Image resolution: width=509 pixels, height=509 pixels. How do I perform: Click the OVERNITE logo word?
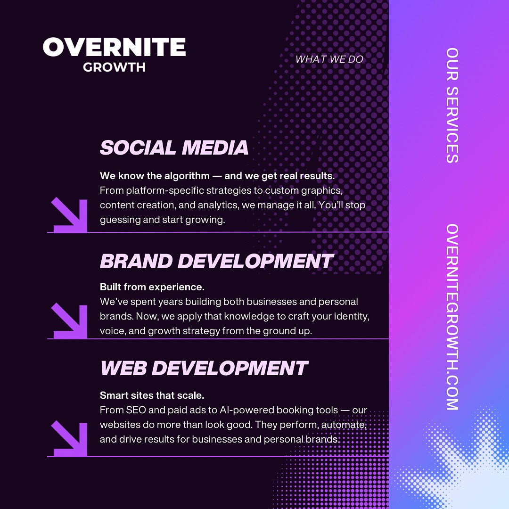pos(114,47)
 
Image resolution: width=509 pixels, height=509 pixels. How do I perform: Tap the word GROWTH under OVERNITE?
pos(114,67)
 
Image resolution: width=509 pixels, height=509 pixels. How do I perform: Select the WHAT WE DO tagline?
pos(329,59)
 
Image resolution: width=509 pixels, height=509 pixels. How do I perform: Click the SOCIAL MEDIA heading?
pos(174,148)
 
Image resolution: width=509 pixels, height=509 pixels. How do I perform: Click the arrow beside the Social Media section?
pos(70,215)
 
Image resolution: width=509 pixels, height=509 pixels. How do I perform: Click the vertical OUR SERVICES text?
pos(452,105)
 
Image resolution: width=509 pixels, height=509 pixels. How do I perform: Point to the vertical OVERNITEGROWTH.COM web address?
pos(452,317)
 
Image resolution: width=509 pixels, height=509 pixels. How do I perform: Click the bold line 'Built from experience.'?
pos(152,287)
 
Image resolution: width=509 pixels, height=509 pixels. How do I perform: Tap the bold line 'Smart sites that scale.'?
pos(152,395)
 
